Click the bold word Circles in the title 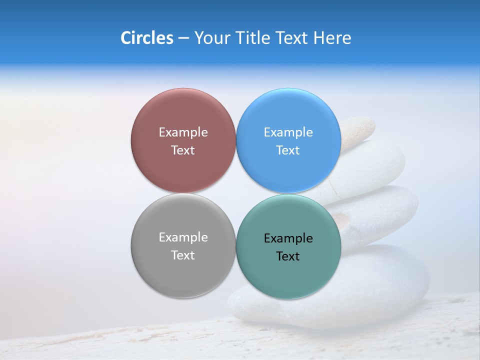click(x=147, y=38)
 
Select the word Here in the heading click(x=332, y=38)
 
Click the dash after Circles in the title click(x=183, y=38)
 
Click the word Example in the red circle click(x=183, y=132)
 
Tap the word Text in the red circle click(x=183, y=150)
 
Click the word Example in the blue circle click(x=288, y=132)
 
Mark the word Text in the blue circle click(x=288, y=150)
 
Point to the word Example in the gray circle click(x=183, y=237)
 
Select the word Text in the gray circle click(x=183, y=255)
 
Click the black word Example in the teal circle click(x=288, y=238)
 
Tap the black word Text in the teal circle click(x=288, y=256)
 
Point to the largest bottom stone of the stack click(x=380, y=290)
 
